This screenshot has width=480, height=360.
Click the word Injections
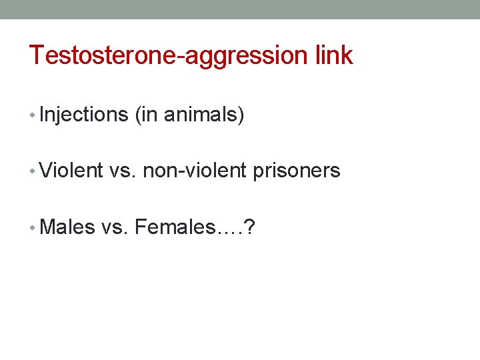(x=83, y=115)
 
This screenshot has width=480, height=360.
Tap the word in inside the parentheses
(x=149, y=115)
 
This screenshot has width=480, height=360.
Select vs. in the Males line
(x=115, y=227)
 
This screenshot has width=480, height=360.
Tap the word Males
(x=67, y=227)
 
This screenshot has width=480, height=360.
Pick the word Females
(x=175, y=227)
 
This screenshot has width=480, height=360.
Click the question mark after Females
(x=248, y=227)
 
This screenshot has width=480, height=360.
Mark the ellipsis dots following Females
(x=229, y=232)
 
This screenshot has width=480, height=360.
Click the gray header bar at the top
(x=240, y=9)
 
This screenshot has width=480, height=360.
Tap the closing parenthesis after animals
(x=241, y=115)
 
